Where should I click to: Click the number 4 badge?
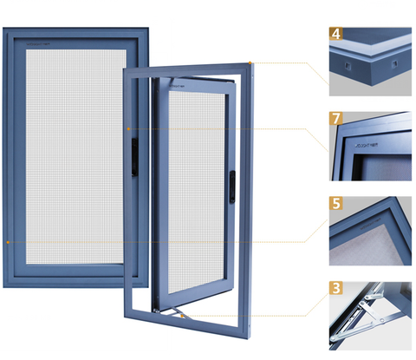[335, 35]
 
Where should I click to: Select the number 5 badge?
[335, 206]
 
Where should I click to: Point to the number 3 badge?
[335, 285]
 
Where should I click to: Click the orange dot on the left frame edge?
[8, 243]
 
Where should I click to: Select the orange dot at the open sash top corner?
[250, 62]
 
